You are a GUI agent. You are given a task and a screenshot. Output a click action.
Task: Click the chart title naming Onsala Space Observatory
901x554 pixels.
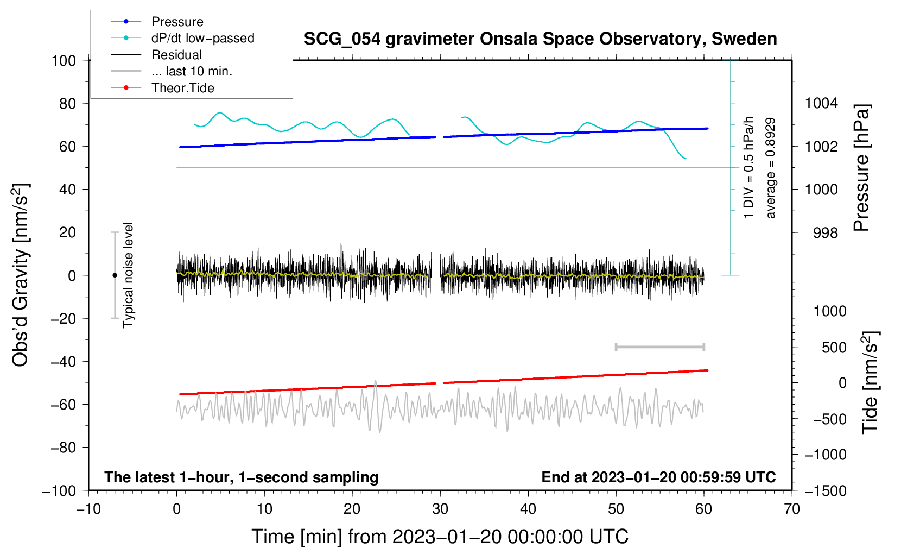pos(540,39)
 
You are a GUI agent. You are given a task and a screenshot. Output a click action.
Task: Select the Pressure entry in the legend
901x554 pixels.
pos(177,22)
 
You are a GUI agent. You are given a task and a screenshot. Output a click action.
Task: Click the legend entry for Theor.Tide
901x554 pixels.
pos(182,88)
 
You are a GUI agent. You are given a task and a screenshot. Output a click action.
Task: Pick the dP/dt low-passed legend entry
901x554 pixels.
pos(202,38)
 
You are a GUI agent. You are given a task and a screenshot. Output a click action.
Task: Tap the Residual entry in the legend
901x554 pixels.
pos(176,55)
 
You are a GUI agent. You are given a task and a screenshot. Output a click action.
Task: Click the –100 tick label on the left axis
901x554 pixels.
pos(60,490)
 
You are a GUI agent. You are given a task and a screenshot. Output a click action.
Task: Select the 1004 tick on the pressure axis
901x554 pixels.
pos(821,103)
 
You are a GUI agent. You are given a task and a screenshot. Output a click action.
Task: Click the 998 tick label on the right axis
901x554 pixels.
pos(825,233)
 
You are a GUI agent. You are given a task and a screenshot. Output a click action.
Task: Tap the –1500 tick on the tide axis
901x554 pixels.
pos(825,490)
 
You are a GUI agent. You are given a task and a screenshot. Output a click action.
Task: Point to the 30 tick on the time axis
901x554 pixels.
pos(440,509)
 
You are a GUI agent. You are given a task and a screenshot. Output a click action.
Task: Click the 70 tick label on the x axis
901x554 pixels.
pos(792,509)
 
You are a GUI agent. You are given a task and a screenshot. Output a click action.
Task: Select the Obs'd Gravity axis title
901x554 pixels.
pos(20,275)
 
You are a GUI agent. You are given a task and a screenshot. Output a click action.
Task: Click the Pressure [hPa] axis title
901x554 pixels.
pos(861,168)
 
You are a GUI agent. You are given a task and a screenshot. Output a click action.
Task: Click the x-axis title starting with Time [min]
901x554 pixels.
pos(440,537)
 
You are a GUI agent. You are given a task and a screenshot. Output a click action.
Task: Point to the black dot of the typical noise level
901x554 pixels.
pos(115,275)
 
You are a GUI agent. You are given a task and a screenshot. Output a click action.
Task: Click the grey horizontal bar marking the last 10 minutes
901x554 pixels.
pos(659,347)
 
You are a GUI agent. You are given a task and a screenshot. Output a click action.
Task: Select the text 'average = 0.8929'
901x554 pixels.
pos(771,168)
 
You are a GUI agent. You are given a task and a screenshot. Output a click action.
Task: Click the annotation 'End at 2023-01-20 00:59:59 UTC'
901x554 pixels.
pos(658,477)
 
